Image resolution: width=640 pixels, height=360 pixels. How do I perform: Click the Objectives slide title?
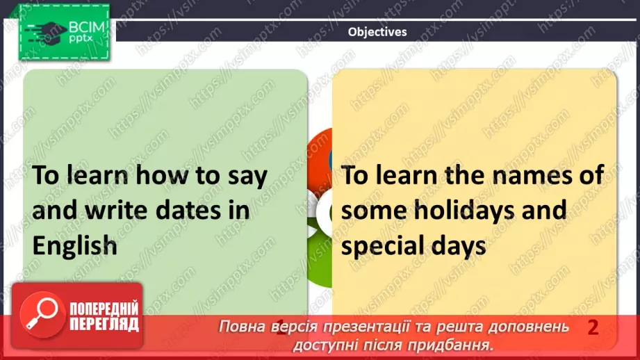coord(377,31)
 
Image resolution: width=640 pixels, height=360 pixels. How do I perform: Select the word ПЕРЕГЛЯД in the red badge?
coord(103,325)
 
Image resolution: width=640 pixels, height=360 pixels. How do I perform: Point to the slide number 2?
coord(593,327)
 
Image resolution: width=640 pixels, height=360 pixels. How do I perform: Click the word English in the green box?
coord(75,245)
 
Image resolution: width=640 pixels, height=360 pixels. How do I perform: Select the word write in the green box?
coord(116,210)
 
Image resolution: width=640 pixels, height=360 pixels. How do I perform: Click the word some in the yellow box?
coord(374,210)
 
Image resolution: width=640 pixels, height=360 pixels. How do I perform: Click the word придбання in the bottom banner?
coord(459,344)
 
